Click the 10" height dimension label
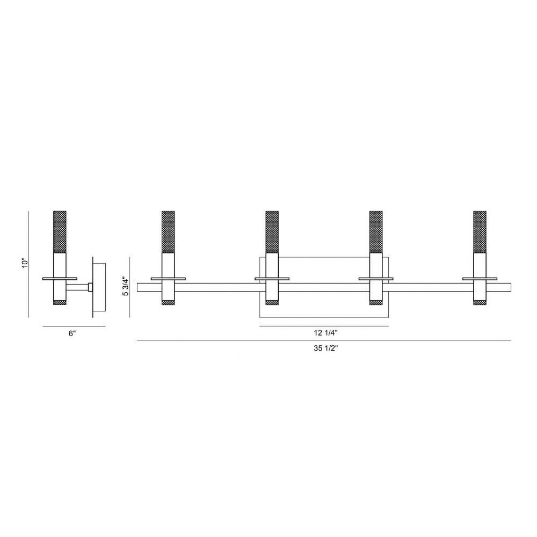pos(24,263)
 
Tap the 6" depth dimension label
pos(72,333)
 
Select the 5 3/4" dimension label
pos(126,287)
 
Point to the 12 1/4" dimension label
pos(326,332)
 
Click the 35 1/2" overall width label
pos(326,349)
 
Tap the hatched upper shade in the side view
pos(60,232)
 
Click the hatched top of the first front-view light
pos(168,232)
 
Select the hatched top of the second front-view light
pos(272,232)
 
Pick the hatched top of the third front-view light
pos(376,232)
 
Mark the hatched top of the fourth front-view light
pos(480,232)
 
